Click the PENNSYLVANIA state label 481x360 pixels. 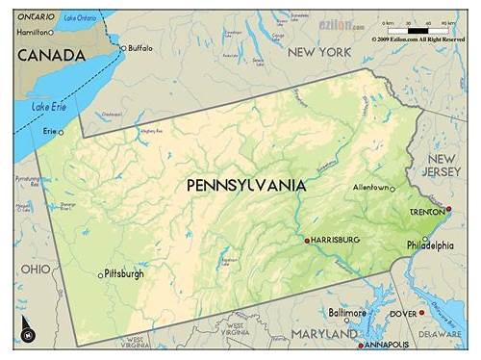point(245,185)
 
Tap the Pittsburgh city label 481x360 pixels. point(124,273)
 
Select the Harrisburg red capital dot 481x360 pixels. point(307,240)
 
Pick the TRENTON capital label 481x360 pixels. point(426,212)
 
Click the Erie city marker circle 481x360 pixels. point(61,132)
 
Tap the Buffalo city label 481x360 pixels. point(139,47)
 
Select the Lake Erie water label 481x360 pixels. point(48,107)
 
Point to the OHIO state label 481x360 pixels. point(37,269)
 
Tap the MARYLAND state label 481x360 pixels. point(324,333)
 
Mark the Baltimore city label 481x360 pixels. point(346,313)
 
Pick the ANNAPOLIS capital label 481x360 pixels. point(386,345)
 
